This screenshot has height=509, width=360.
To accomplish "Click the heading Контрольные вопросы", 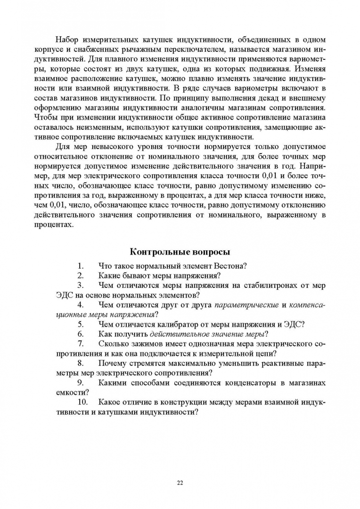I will click(x=180, y=252).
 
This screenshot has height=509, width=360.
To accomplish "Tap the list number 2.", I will click(x=81, y=276).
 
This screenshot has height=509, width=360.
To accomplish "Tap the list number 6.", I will click(x=81, y=334).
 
